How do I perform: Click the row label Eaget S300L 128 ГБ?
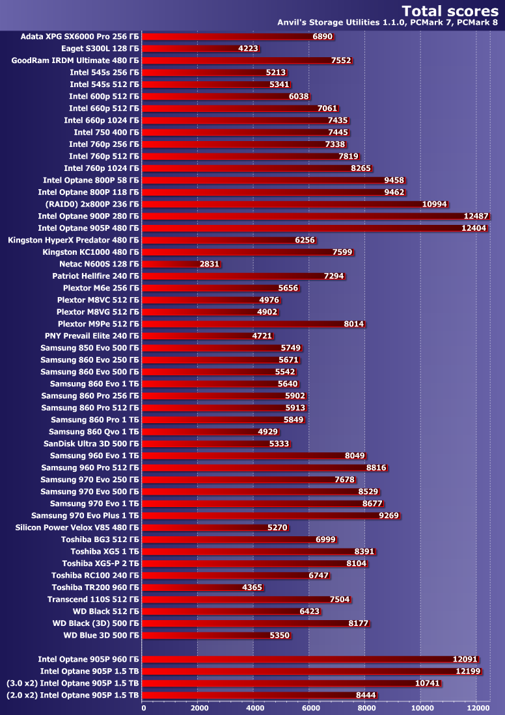click(100, 48)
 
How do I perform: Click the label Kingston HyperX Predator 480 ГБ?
click(73, 240)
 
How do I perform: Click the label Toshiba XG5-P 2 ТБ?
click(100, 563)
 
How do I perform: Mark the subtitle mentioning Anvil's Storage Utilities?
click(388, 23)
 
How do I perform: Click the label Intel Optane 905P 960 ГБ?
click(89, 659)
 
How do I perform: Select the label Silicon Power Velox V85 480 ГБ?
click(77, 527)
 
